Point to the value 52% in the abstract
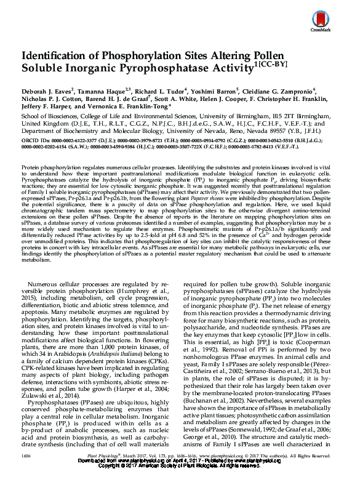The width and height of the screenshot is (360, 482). [x=207, y=237]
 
